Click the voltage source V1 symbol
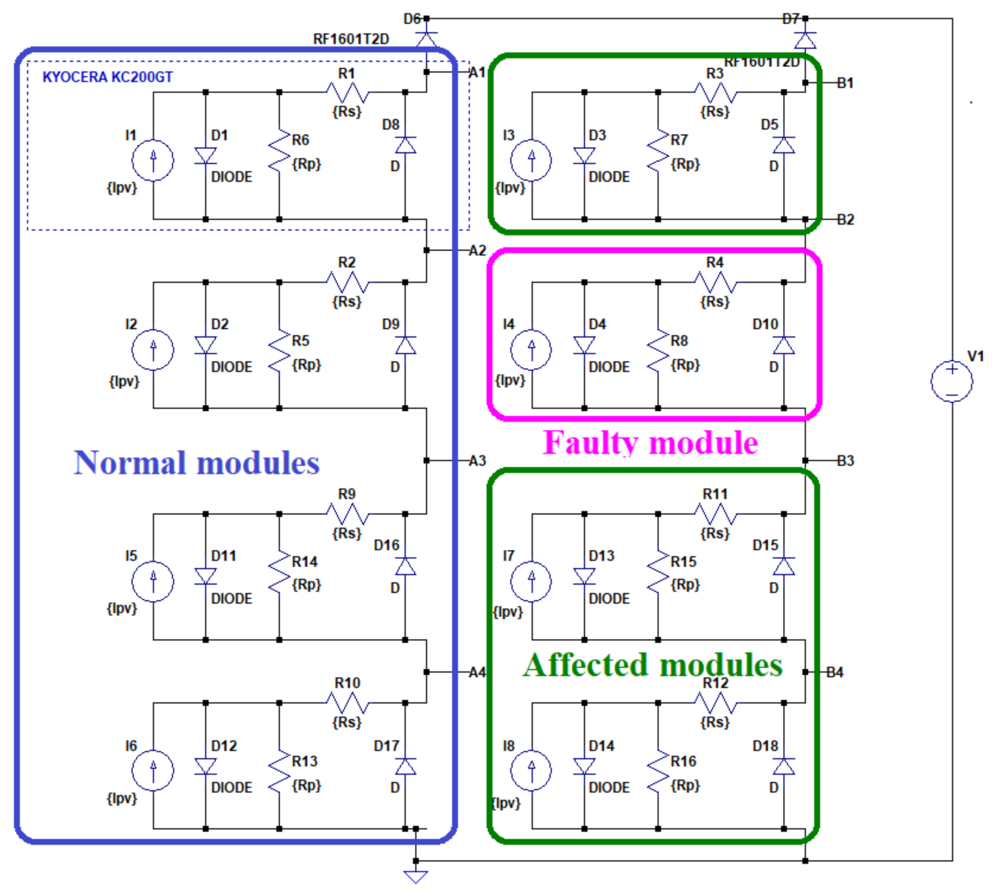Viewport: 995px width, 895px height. click(x=951, y=382)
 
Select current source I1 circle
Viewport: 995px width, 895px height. click(x=153, y=160)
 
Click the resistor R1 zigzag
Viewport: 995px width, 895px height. click(x=347, y=92)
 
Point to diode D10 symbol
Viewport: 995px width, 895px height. click(x=784, y=346)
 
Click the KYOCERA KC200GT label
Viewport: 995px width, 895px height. click(x=108, y=77)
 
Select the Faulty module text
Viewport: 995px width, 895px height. click(x=650, y=442)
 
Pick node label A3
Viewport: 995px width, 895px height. click(x=477, y=461)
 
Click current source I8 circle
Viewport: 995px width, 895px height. click(x=531, y=770)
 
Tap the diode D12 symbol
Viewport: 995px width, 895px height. click(x=205, y=767)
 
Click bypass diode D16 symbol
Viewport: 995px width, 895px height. click(x=405, y=567)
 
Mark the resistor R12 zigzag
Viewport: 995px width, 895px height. click(x=715, y=703)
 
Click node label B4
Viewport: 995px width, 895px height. click(x=835, y=672)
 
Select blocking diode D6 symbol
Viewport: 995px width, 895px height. click(x=427, y=39)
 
